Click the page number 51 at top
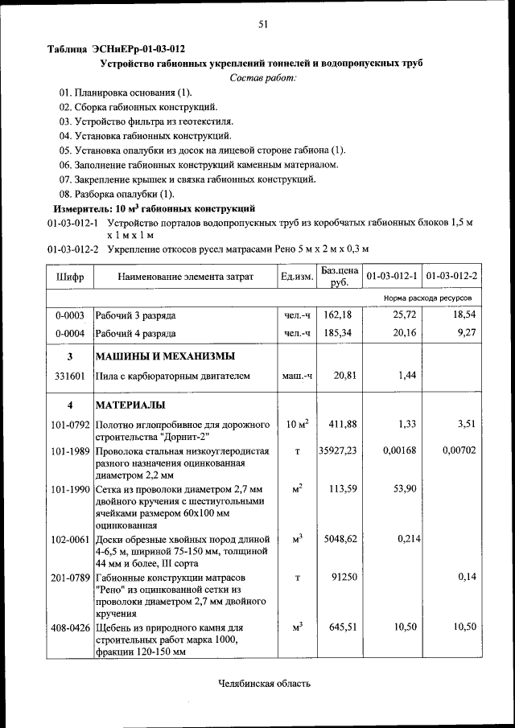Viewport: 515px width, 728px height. [x=262, y=25]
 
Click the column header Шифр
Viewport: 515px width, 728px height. [x=69, y=277]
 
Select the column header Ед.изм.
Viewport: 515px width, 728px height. [x=296, y=277]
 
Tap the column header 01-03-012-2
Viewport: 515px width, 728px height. [x=451, y=277]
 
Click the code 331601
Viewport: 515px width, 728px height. [x=70, y=376]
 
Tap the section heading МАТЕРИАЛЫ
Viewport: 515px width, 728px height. [x=130, y=405]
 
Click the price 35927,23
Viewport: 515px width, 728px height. [x=338, y=451]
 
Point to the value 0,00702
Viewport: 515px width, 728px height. [x=459, y=451]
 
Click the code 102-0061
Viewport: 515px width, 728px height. [x=70, y=540]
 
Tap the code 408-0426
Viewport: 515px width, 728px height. [x=70, y=627]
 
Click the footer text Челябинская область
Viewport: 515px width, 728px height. [x=264, y=684]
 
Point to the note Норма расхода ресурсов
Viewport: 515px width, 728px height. [x=428, y=298]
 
